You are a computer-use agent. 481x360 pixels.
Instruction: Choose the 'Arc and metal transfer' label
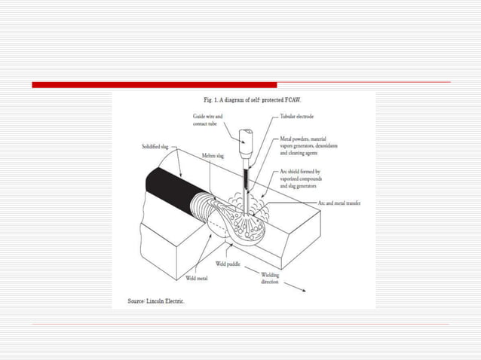(340, 203)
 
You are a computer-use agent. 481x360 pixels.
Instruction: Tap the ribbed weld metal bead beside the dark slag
(207, 207)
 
